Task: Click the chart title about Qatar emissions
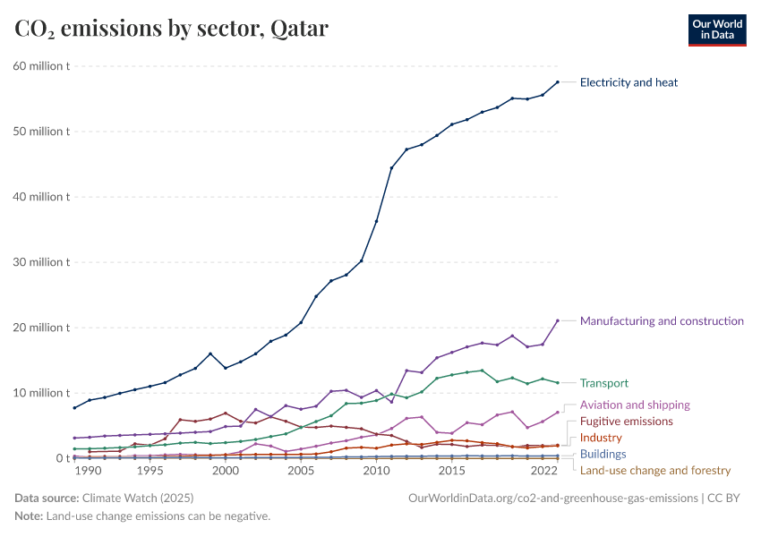coord(171,30)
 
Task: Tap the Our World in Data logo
coord(716,30)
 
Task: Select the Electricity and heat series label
coord(628,82)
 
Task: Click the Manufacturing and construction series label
coord(662,320)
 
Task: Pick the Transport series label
coord(604,383)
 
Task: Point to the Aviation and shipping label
coord(635,405)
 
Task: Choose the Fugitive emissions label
coord(626,421)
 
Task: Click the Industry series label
coord(602,438)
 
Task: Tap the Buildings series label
coord(603,454)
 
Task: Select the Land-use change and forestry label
coord(655,470)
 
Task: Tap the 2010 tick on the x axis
coord(376,471)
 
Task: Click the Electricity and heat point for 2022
coord(557,82)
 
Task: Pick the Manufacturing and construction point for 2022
coord(557,320)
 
